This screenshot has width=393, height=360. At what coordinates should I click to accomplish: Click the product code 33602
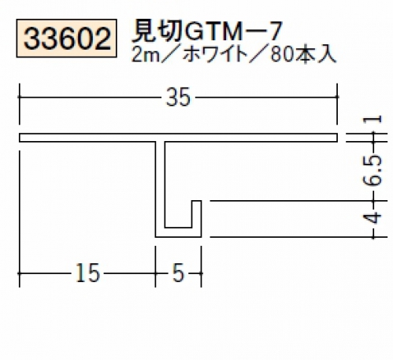[67, 39]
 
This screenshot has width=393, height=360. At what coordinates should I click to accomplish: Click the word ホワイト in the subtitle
[215, 55]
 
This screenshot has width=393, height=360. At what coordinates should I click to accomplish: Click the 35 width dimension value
[178, 97]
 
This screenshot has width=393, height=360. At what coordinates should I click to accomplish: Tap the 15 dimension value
[88, 273]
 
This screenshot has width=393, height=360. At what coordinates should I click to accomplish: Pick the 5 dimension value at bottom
[179, 273]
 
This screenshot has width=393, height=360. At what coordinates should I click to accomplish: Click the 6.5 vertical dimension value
[373, 171]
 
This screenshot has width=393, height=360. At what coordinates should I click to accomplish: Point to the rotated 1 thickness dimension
[373, 120]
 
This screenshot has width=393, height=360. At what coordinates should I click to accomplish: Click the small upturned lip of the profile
[196, 214]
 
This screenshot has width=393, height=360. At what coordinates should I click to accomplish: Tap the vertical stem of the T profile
[160, 184]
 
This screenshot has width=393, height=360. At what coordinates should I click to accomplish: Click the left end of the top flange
[20, 138]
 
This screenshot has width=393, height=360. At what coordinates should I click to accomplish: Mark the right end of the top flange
[337, 138]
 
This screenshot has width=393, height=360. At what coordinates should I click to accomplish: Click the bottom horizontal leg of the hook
[178, 232]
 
